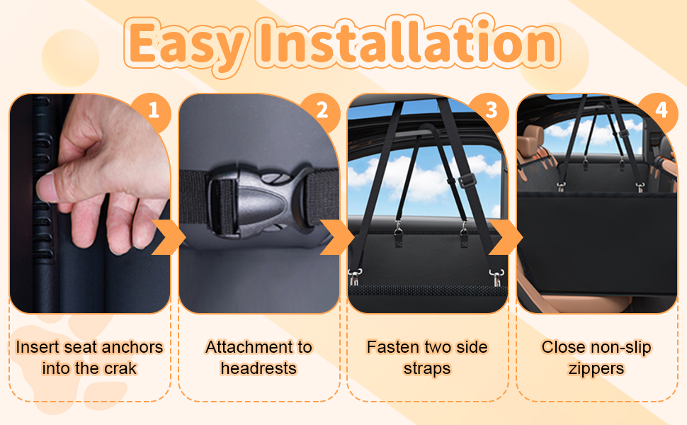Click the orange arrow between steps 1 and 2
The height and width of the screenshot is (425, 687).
[x=168, y=237]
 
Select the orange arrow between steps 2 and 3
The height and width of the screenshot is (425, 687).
[x=337, y=237]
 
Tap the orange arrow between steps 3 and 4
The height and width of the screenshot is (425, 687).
[x=506, y=237]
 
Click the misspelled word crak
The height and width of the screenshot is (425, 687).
[x=120, y=368]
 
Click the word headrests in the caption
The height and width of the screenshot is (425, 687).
[x=259, y=368]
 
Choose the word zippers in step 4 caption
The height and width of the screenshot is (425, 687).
[x=596, y=369]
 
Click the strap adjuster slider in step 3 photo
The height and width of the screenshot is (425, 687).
[x=467, y=180]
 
